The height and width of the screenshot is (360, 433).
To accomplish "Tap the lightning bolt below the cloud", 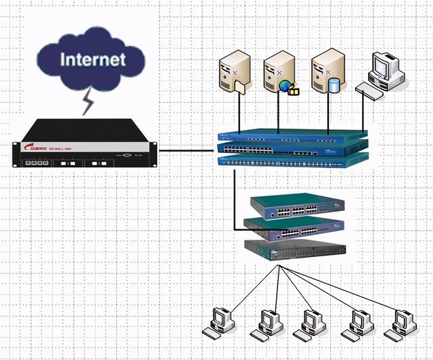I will click(x=88, y=102).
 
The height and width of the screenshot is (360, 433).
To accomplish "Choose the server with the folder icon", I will click(x=234, y=74).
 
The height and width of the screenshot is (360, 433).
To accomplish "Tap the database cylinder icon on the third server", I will click(x=334, y=85).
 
